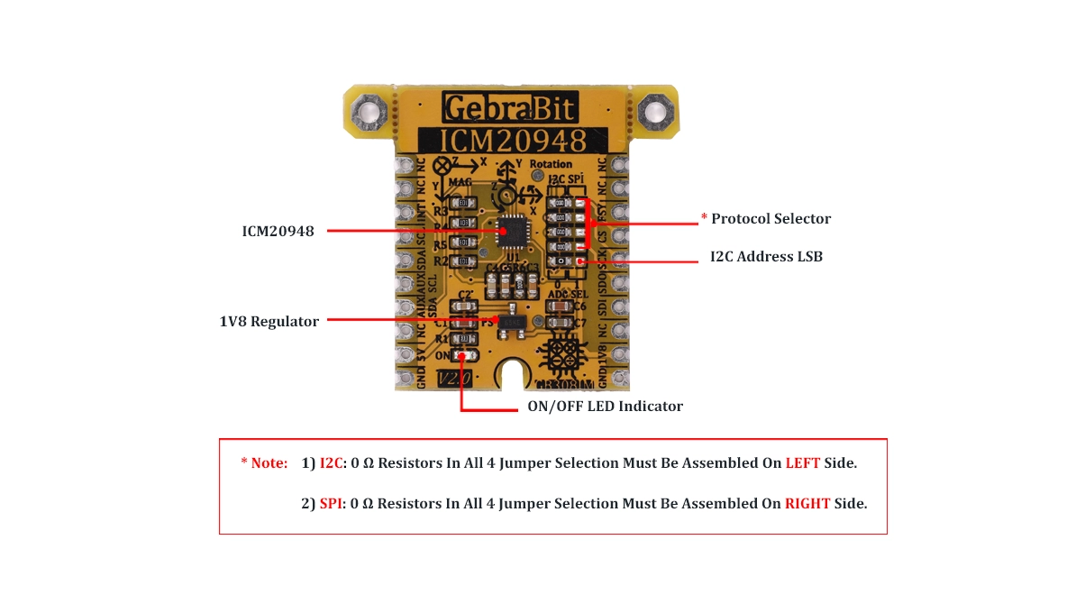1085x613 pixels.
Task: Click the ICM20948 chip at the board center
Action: click(x=511, y=232)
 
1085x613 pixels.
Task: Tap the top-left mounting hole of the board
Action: click(x=369, y=113)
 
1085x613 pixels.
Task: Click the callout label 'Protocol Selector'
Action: click(x=770, y=219)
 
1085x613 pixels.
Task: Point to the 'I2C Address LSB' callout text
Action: click(x=766, y=257)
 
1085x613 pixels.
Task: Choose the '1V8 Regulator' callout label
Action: click(x=269, y=322)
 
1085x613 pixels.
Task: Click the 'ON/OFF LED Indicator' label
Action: click(x=605, y=407)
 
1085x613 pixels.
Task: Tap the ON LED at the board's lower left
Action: click(x=464, y=355)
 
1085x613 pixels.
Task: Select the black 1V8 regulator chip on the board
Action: click(x=513, y=322)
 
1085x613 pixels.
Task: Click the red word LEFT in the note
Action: click(x=802, y=463)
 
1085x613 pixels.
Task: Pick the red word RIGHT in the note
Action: click(x=807, y=504)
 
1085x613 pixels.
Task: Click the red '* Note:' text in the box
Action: click(x=264, y=463)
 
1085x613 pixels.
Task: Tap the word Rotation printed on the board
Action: click(x=551, y=164)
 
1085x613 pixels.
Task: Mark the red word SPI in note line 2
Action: click(x=331, y=504)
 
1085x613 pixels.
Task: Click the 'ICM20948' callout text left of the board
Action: click(x=278, y=232)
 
